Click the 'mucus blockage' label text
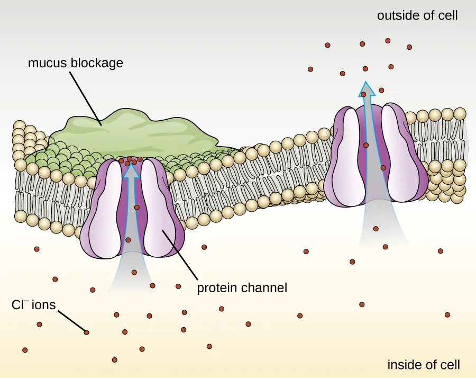pyautogui.click(x=75, y=63)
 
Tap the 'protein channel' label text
pyautogui.click(x=242, y=289)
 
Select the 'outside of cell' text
pyautogui.click(x=417, y=15)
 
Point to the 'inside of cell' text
pyautogui.click(x=423, y=365)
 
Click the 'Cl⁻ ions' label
pyautogui.click(x=33, y=306)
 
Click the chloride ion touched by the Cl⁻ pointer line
pyautogui.click(x=86, y=332)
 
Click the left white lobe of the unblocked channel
pyautogui.click(x=347, y=154)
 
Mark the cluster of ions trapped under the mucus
pyautogui.click(x=130, y=160)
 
